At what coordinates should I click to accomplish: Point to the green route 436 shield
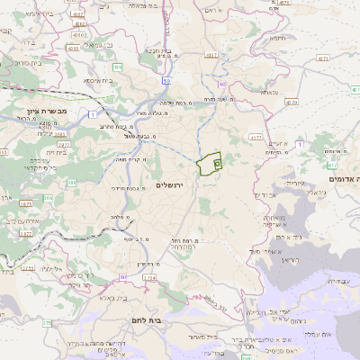coord(118,67)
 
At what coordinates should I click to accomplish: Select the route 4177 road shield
coord(256,137)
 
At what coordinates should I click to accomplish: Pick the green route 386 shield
coord(47,197)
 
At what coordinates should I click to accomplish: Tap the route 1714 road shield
coord(148,278)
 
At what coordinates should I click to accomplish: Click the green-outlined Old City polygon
coord(209,164)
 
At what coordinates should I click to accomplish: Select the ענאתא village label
coord(271,92)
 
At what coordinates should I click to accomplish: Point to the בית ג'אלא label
coord(114,298)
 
